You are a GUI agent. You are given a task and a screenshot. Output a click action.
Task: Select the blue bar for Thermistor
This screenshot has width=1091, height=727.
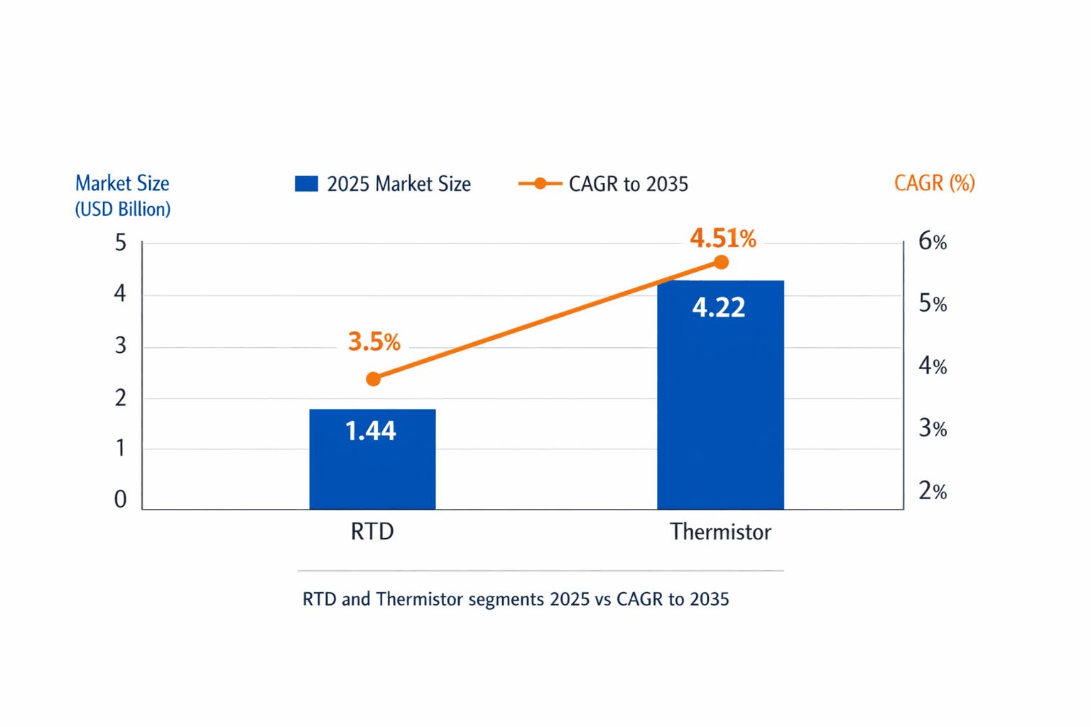[x=720, y=405]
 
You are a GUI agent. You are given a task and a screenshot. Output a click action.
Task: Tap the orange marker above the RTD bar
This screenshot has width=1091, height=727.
[x=373, y=379]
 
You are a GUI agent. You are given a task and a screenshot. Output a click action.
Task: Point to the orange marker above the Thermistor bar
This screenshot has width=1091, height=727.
[x=721, y=263]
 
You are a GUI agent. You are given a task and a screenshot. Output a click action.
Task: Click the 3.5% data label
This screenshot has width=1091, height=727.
[x=374, y=342]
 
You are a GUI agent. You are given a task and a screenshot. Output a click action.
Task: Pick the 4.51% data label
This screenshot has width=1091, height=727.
[x=722, y=239]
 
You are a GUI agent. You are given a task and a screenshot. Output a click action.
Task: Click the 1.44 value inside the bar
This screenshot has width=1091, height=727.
[x=370, y=431]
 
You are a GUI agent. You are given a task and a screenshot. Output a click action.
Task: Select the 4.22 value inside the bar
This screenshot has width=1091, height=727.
[x=718, y=307]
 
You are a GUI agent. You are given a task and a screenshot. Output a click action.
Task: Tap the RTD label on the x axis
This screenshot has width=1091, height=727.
[x=372, y=532]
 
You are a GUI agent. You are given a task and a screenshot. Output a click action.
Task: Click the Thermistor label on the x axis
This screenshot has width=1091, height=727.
[x=720, y=532]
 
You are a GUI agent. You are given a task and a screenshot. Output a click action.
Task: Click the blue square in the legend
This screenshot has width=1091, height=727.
[x=306, y=184]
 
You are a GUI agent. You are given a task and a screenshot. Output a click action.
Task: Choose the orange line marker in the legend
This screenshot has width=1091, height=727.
[x=540, y=184]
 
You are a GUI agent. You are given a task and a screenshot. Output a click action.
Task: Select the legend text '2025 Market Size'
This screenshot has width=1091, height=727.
[x=398, y=185]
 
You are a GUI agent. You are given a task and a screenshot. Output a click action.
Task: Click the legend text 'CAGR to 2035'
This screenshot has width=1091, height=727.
[x=629, y=185]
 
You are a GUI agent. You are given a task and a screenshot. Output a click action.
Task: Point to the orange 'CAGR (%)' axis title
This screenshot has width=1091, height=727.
[x=934, y=183]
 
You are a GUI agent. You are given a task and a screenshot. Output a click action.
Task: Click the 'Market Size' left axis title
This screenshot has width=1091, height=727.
[x=122, y=183]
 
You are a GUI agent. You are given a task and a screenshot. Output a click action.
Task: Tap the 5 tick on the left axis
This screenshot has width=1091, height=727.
[x=120, y=243]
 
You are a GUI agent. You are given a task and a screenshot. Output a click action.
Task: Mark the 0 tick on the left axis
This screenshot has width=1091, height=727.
[x=120, y=500]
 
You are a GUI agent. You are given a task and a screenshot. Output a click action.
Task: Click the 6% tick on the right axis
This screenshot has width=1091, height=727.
[x=932, y=242]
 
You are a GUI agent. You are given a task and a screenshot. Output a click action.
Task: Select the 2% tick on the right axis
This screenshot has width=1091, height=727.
[x=932, y=491]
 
